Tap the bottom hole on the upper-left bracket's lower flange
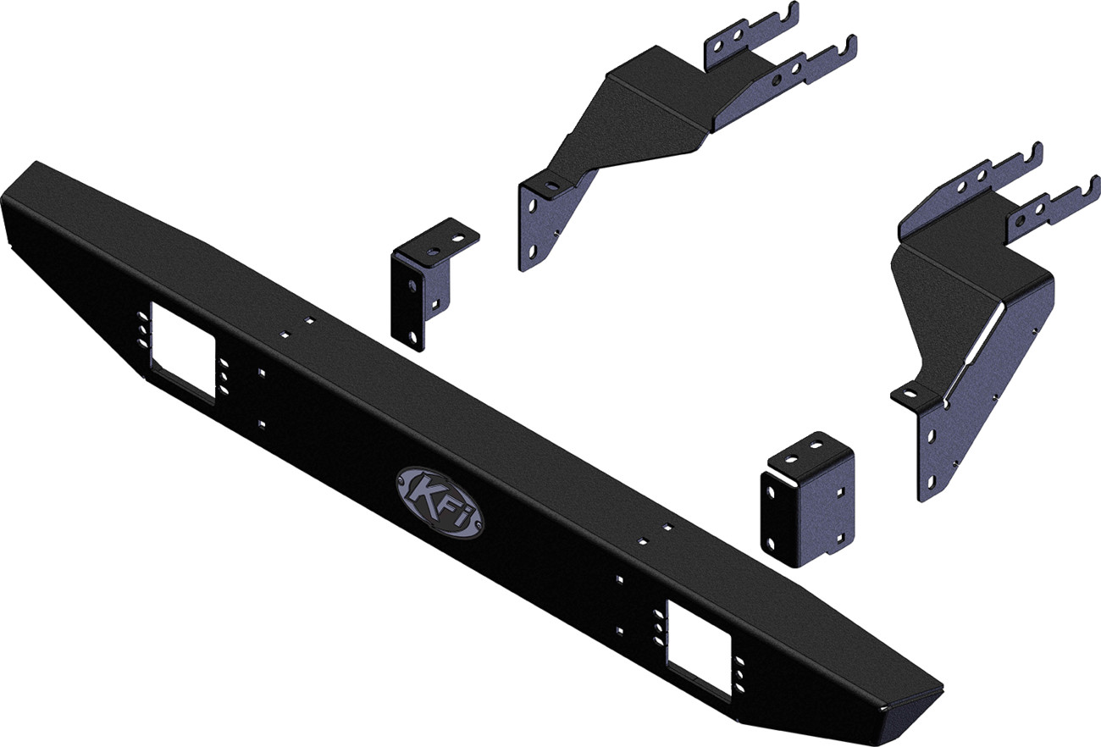click(x=530, y=251)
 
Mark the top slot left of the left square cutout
click(x=138, y=318)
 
